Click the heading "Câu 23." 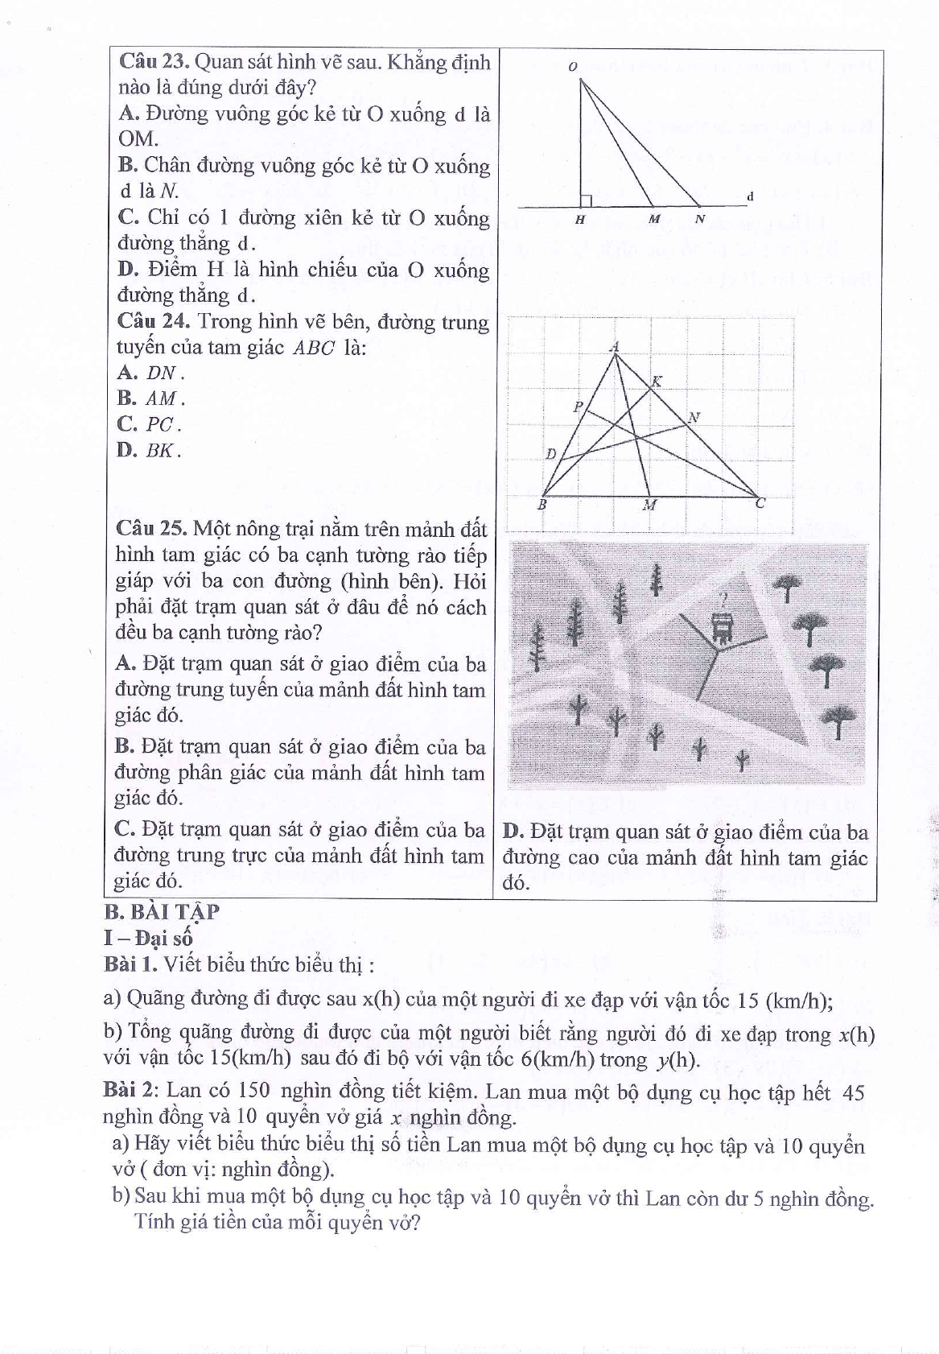tap(153, 62)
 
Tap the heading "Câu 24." tap(153, 321)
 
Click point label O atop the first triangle tap(572, 67)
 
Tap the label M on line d tap(654, 219)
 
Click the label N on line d tap(700, 219)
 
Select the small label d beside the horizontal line tap(750, 196)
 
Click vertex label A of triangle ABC tap(615, 346)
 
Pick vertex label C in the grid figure tap(760, 504)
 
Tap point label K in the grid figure tap(657, 381)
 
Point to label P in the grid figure tap(577, 407)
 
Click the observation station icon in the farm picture tap(723, 628)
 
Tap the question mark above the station tap(723, 600)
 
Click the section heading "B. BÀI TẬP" tap(162, 911)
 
